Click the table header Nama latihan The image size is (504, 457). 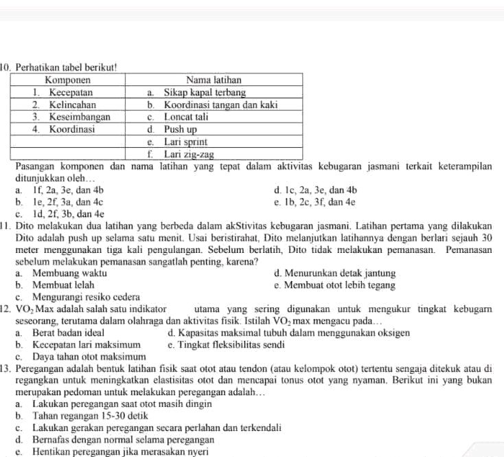[x=214, y=80]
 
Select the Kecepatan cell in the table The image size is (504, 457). [x=69, y=92]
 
